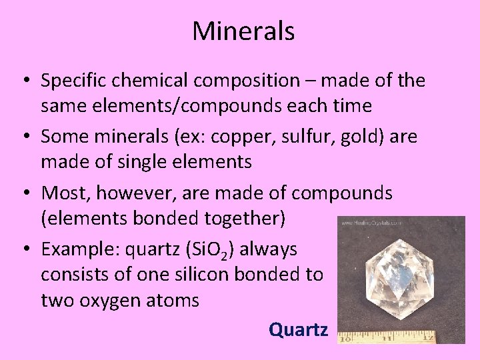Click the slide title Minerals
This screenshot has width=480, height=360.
click(243, 31)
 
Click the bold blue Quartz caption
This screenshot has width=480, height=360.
click(298, 329)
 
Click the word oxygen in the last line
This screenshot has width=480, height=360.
click(108, 301)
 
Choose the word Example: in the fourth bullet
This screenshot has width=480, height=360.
click(77, 249)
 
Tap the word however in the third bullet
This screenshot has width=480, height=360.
click(124, 193)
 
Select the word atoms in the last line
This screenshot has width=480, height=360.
click(173, 301)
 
